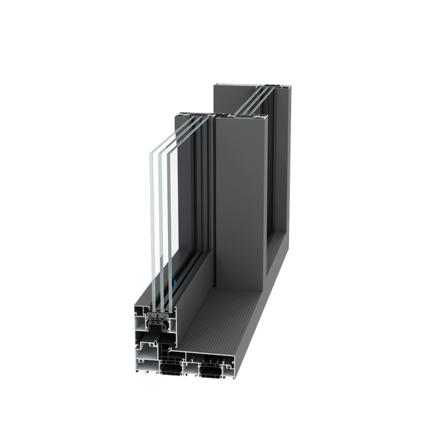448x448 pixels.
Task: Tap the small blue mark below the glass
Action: (x=175, y=284)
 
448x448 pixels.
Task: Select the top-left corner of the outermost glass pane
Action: (x=149, y=146)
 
